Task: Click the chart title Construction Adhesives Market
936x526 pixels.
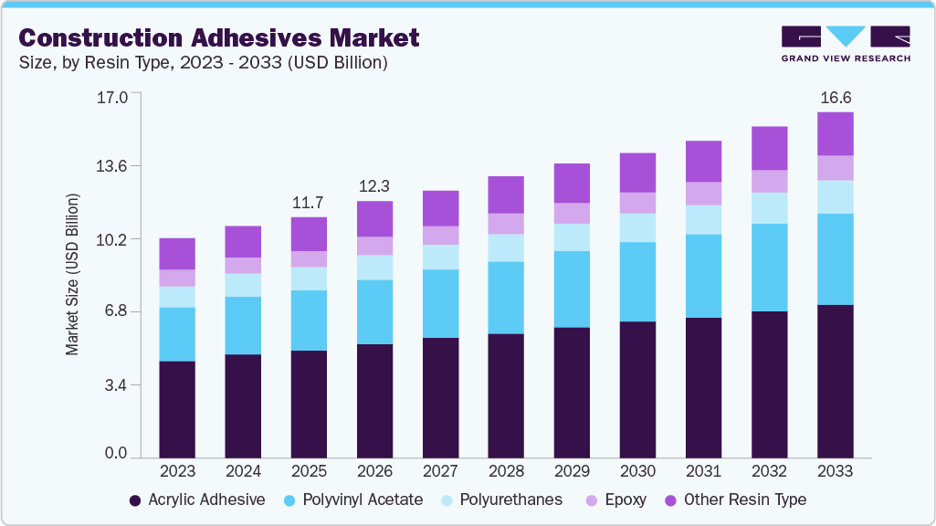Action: pyautogui.click(x=219, y=37)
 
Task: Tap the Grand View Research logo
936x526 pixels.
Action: pyautogui.click(x=846, y=44)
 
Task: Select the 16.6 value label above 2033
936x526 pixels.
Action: pyautogui.click(x=835, y=97)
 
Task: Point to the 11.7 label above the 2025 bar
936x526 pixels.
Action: pyautogui.click(x=309, y=202)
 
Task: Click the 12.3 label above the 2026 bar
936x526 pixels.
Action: pyautogui.click(x=374, y=185)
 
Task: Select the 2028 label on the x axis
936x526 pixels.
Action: pyautogui.click(x=506, y=471)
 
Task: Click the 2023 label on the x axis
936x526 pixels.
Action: pyautogui.click(x=177, y=471)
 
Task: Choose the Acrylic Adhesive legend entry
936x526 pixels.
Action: pyautogui.click(x=197, y=500)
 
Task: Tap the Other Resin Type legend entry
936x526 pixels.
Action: pyautogui.click(x=735, y=500)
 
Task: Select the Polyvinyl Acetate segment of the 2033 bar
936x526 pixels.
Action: pyautogui.click(x=835, y=259)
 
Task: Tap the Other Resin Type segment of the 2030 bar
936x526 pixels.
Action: pyautogui.click(x=637, y=173)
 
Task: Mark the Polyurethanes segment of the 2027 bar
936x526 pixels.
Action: pyautogui.click(x=440, y=257)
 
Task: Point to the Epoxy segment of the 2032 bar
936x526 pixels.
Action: pyautogui.click(x=769, y=181)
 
